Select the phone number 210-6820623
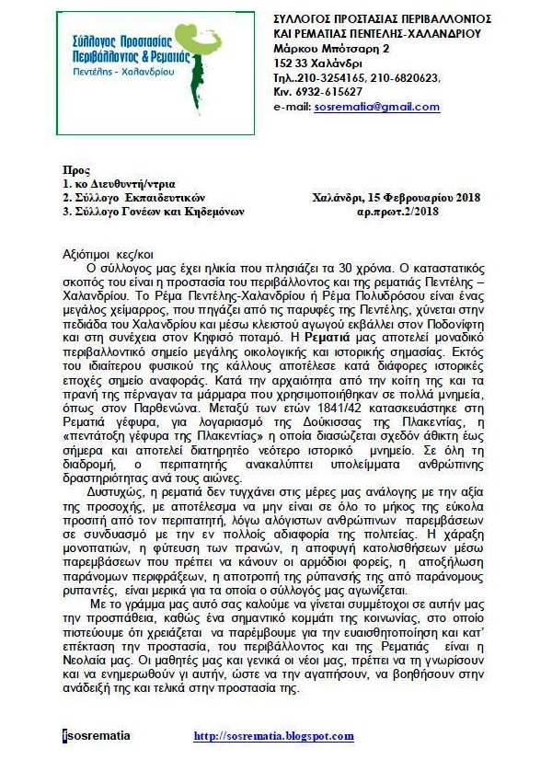(404, 77)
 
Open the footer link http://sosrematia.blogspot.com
(273, 736)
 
